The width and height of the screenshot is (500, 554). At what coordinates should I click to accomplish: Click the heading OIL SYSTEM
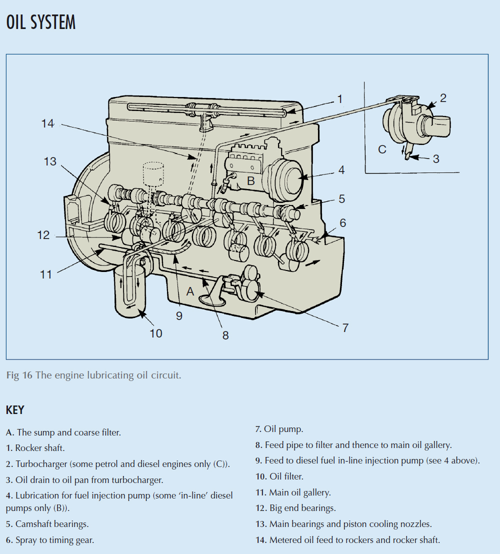41,22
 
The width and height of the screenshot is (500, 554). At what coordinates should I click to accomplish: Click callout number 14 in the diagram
47,123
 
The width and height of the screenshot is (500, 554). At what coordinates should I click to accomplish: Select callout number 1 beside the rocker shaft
340,99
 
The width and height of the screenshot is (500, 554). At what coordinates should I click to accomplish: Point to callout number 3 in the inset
436,159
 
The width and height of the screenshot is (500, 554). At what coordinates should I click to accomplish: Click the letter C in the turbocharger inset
382,149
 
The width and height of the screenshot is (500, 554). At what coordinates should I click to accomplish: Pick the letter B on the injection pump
251,180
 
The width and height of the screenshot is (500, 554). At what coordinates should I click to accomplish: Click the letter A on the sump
190,291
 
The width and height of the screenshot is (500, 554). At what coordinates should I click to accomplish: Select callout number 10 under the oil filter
156,333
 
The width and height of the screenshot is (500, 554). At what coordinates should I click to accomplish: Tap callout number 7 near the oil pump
345,328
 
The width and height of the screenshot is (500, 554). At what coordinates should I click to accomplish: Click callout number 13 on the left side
50,161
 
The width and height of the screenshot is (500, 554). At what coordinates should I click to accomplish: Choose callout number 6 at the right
342,222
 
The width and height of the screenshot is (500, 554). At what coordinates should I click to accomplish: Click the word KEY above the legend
15,410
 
